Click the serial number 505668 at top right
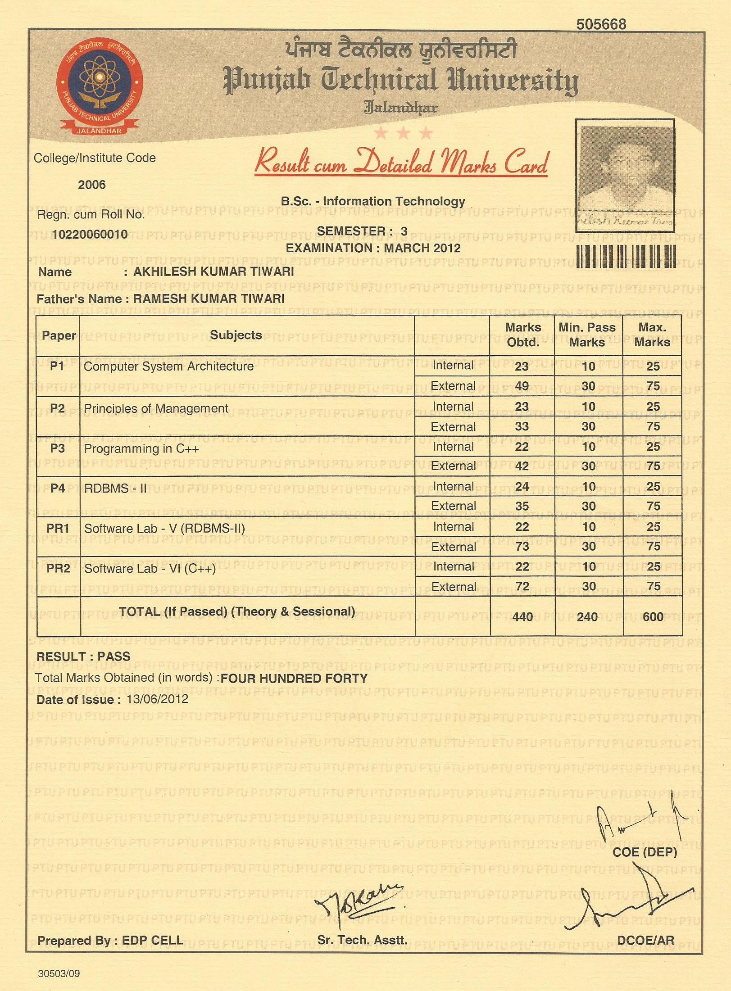(601, 24)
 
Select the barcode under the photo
(626, 256)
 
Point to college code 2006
(92, 185)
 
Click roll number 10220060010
(90, 235)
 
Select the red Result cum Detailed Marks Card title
(401, 163)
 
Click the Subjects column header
(236, 335)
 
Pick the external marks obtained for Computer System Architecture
(522, 386)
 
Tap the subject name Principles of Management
(156, 408)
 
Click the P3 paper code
(58, 448)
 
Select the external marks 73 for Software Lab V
(522, 546)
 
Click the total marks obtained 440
(522, 616)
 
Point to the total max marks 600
(653, 616)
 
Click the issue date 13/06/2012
(157, 699)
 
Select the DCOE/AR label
(645, 940)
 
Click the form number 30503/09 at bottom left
(59, 973)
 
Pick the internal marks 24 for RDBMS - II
(522, 487)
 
